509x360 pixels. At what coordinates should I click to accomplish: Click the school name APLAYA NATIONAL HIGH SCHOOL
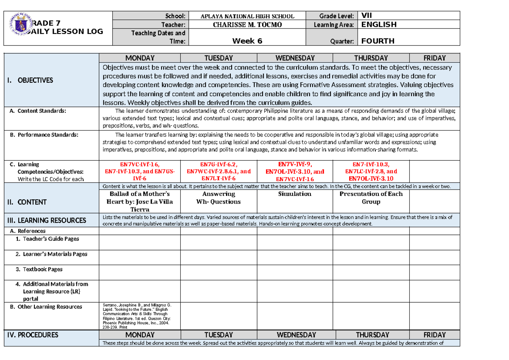tap(247, 16)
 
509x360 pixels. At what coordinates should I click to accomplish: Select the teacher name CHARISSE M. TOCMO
tap(247, 25)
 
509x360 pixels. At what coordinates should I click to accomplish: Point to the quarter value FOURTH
tap(378, 41)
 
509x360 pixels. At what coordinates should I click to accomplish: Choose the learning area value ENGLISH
tap(379, 25)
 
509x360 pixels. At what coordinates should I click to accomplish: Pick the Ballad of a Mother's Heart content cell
tap(140, 201)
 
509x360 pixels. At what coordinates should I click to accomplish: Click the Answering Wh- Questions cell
tap(218, 198)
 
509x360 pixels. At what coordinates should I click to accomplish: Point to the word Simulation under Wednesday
tap(294, 194)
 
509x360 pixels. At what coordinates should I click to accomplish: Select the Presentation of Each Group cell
tap(371, 198)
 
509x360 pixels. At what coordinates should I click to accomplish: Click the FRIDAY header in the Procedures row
tap(434, 335)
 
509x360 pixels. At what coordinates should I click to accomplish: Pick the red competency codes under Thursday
tap(371, 171)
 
